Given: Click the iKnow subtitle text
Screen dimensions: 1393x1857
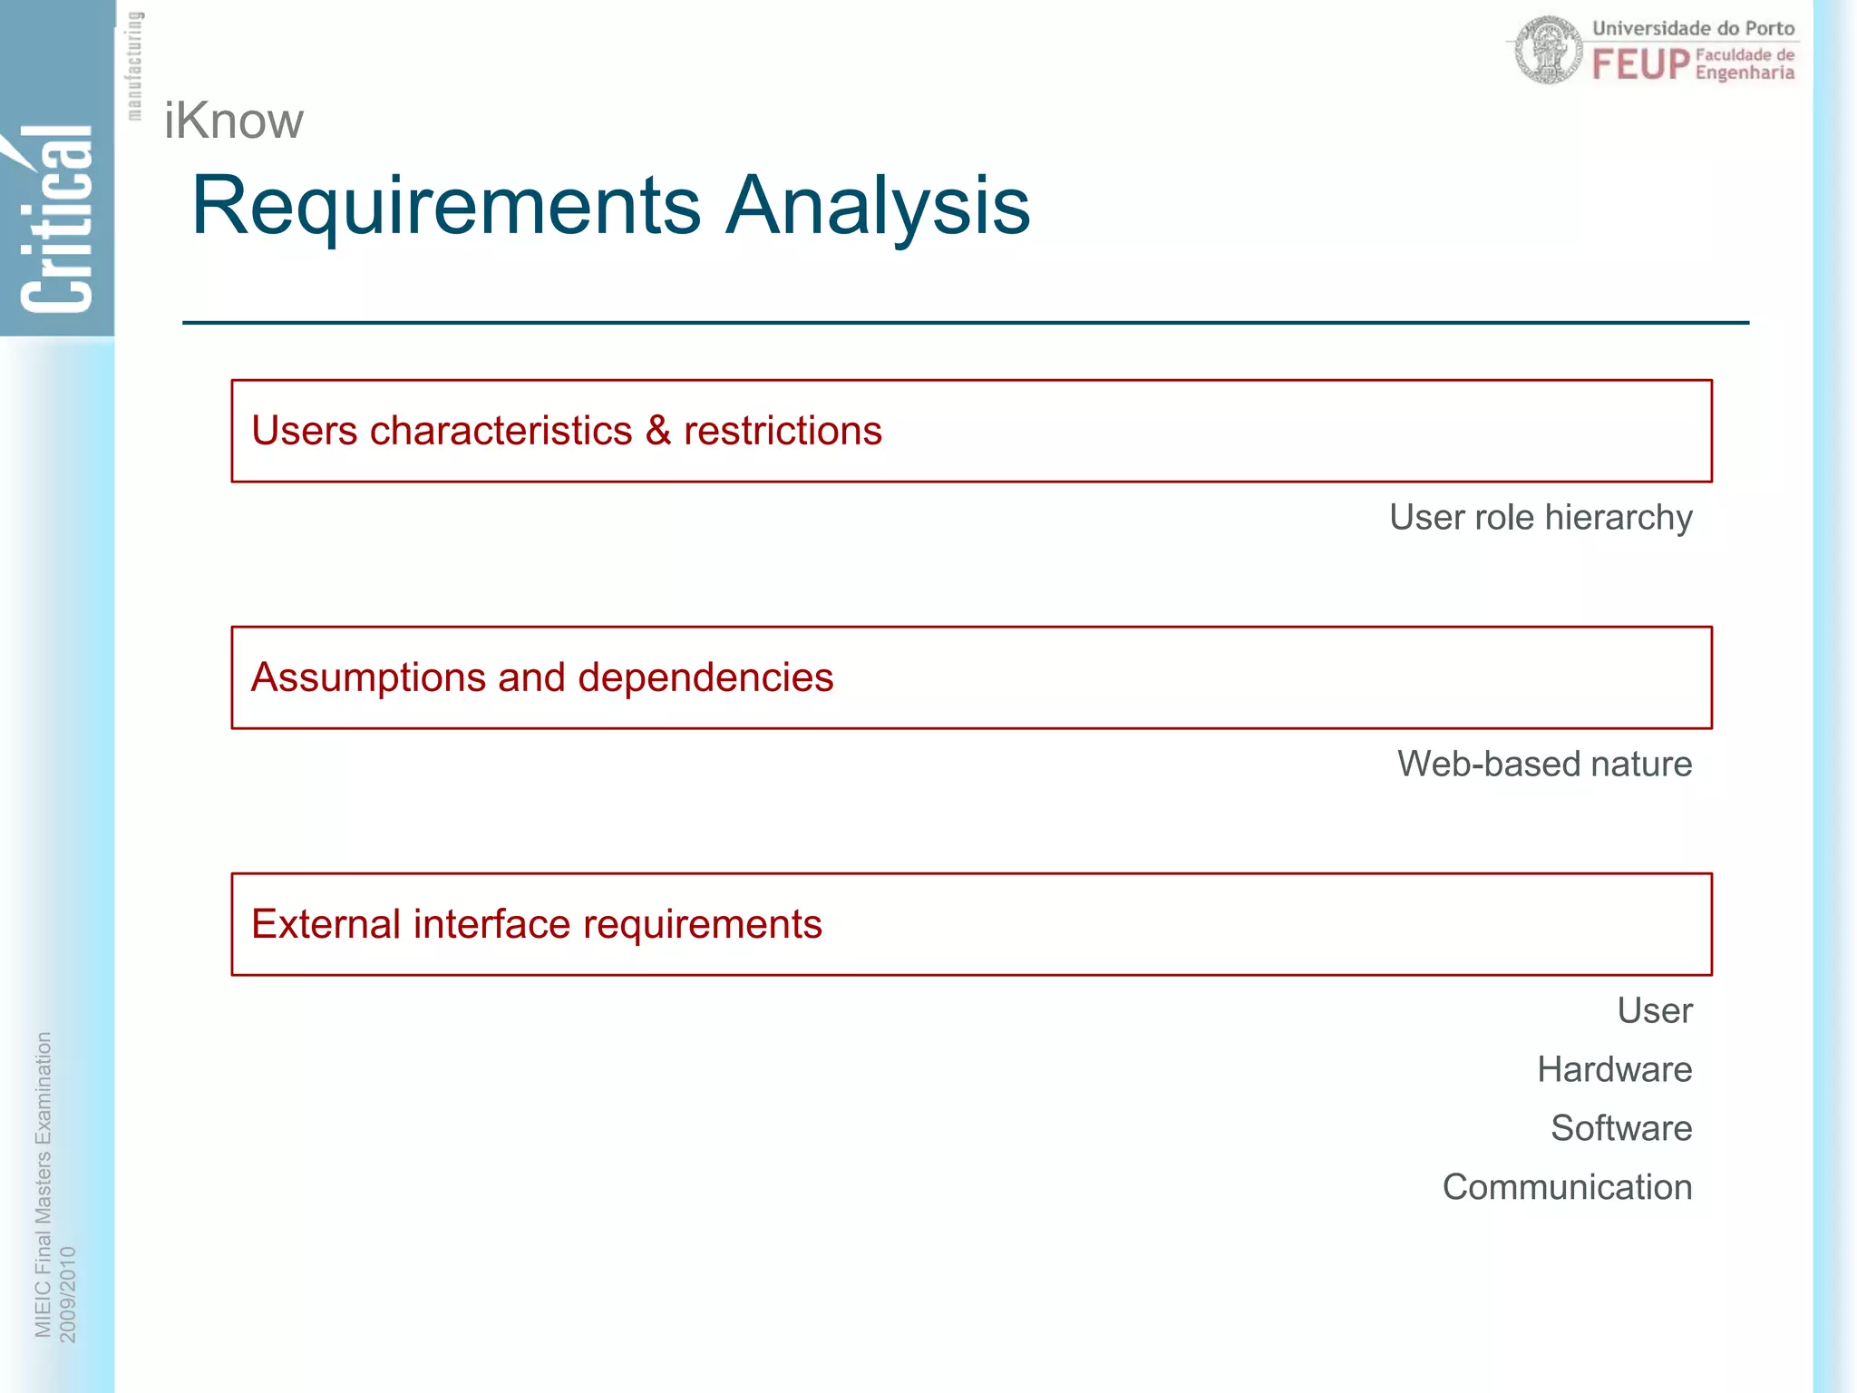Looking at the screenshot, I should tap(233, 121).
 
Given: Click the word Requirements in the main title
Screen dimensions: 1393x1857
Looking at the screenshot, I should tap(445, 206).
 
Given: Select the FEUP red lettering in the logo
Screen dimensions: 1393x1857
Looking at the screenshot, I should tap(1640, 64).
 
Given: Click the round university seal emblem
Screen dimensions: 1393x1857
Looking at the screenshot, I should tap(1549, 51).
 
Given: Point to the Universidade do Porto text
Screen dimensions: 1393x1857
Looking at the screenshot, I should tap(1693, 28).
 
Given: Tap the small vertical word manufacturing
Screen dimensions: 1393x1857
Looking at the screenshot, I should tap(134, 65).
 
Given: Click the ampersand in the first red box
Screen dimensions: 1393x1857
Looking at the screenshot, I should tap(657, 431).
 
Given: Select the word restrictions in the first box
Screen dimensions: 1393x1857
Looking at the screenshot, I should tap(783, 431).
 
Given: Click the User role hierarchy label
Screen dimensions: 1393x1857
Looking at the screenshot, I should tap(1540, 517).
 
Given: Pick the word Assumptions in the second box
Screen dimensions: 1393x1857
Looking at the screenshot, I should tap(368, 677).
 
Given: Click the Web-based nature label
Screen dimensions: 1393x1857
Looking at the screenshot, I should tap(1544, 764).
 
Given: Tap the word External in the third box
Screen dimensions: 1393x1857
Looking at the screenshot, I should tap(326, 924).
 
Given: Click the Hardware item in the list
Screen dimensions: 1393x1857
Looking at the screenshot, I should tap(1614, 1069).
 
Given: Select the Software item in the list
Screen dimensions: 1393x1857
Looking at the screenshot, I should tap(1620, 1128).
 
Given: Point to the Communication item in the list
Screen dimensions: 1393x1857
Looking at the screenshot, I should tap(1567, 1187).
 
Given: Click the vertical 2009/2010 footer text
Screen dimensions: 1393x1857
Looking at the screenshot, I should tap(68, 1294).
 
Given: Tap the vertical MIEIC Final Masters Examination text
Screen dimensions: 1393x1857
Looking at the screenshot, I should tap(43, 1184).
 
